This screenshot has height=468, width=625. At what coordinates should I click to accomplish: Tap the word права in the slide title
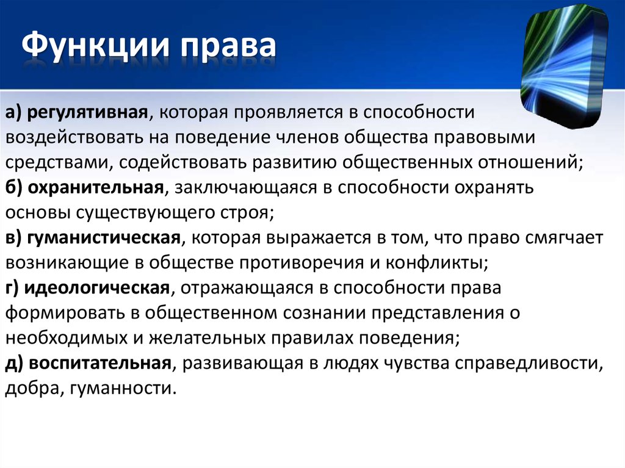tap(228, 47)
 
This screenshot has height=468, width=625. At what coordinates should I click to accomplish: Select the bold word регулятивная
tap(87, 113)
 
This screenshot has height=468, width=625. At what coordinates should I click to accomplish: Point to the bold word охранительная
tap(96, 187)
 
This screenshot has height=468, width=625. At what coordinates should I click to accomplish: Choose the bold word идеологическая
tap(97, 288)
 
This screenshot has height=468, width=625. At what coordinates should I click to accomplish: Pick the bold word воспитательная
tap(100, 363)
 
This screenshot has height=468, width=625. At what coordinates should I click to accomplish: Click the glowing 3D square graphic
tap(565, 66)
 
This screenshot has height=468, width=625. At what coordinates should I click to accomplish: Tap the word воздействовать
tap(74, 137)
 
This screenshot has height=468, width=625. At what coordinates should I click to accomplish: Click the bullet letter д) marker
tap(15, 364)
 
